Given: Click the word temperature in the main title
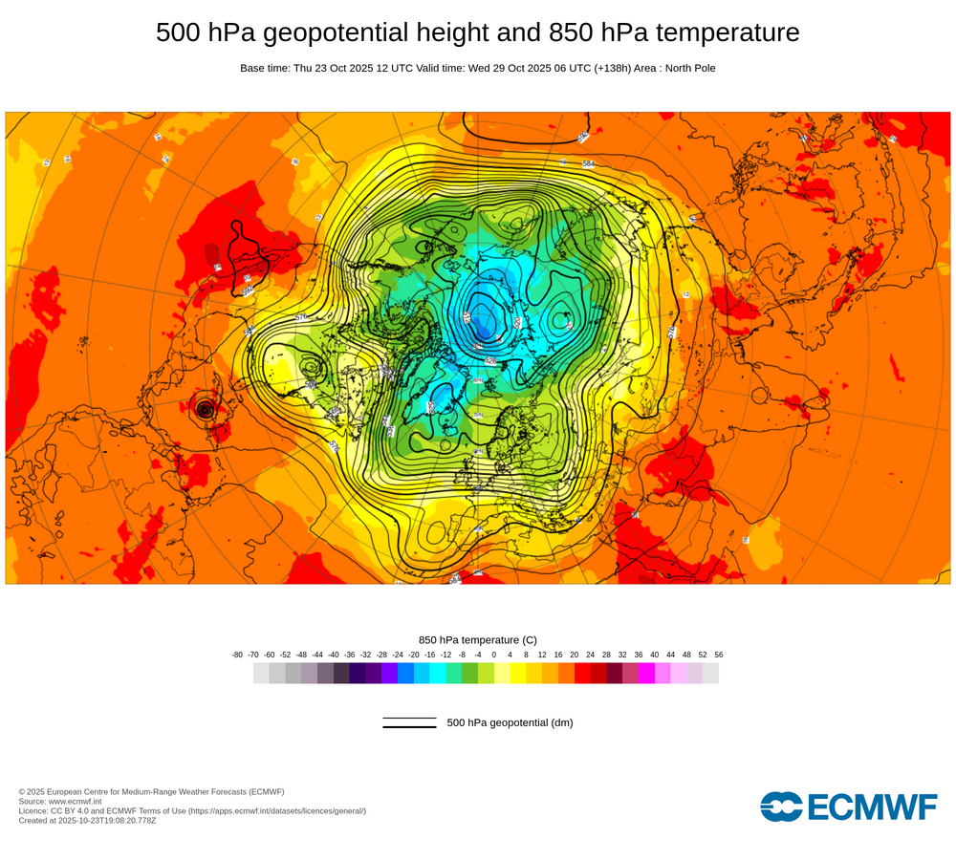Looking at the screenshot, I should click(723, 32).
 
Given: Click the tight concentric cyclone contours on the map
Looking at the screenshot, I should click(205, 409).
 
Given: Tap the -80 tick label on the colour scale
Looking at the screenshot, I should click(237, 655).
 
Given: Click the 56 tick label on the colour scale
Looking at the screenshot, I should click(719, 655).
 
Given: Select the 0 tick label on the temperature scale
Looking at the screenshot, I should click(494, 655).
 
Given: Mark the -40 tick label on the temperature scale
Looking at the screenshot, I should click(334, 655).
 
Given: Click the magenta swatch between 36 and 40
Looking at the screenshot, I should click(646, 674).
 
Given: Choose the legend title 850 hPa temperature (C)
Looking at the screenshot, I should click(478, 639).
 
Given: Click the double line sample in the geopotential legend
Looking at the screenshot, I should click(409, 723).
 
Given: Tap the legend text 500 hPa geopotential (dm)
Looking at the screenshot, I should click(510, 723).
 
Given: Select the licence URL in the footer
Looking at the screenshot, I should click(276, 810).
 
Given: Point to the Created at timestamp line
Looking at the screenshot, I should click(87, 820).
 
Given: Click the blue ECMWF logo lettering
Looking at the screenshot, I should click(872, 806).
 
